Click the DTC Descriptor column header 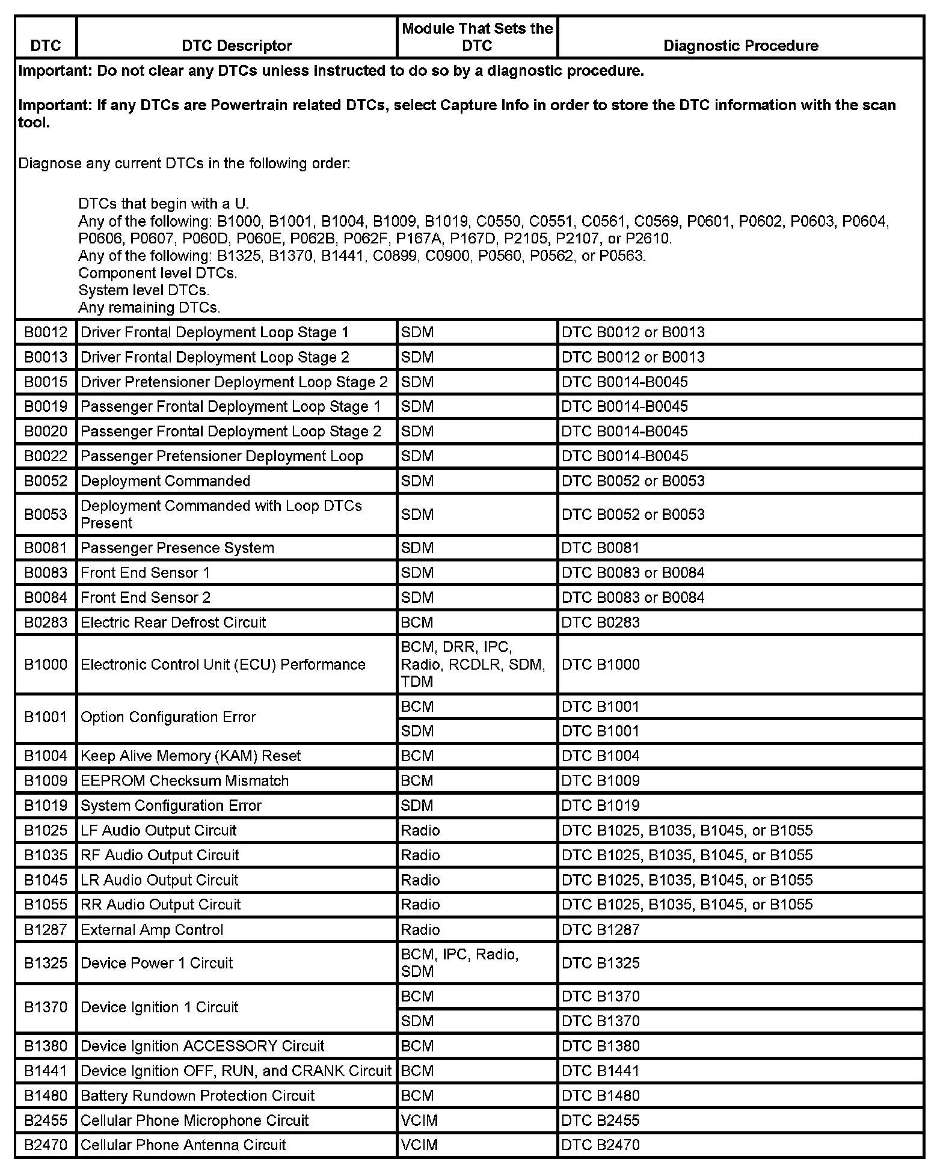pos(236,46)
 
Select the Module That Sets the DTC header pos(477,37)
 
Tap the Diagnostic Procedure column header pos(740,46)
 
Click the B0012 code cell pos(46,332)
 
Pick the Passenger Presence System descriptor pos(177,548)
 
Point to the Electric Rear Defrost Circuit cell pos(173,622)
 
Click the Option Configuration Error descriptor pos(168,717)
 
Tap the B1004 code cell pos(46,756)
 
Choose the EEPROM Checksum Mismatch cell pos(185,780)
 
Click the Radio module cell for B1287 pos(421,929)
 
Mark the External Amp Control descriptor pos(152,929)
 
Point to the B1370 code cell pos(46,1007)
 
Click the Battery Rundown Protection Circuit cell pos(197,1095)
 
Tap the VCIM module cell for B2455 pos(420,1121)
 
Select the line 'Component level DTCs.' pos(158,273)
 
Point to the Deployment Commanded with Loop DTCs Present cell pos(221,514)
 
